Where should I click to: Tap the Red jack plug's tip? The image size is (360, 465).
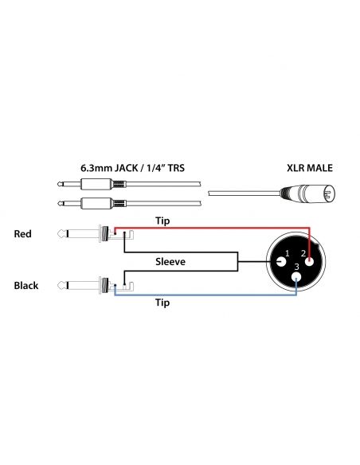pyautogui.click(x=61, y=235)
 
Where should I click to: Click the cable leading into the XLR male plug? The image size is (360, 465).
pyautogui.click(x=239, y=193)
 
